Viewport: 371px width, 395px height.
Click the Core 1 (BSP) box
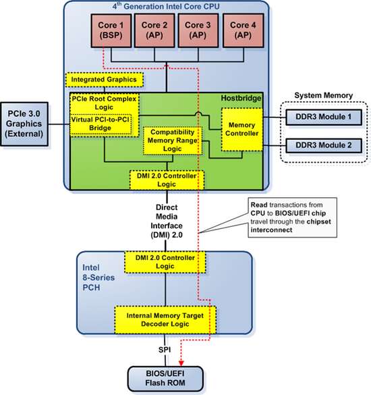(111, 30)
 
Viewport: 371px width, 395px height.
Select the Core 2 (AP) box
(155, 30)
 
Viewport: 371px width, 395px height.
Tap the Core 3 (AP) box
(198, 30)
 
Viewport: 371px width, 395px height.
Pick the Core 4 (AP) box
(242, 30)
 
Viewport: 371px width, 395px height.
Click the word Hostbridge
(244, 99)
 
